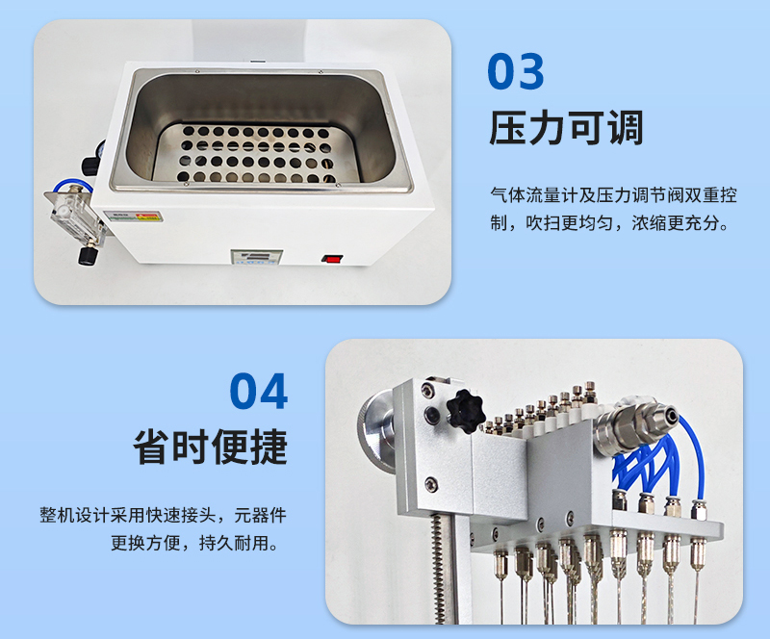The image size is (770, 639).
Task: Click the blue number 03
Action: pos(516,71)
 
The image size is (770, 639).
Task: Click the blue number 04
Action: pos(259,391)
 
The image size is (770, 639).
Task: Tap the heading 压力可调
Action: pos(566,128)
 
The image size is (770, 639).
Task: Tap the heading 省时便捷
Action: pos(210,447)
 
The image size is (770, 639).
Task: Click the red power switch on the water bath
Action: pos(332,258)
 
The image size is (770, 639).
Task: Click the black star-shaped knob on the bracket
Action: pos(465,411)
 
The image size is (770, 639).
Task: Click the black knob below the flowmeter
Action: pos(88,257)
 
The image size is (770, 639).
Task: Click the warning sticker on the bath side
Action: pos(134,217)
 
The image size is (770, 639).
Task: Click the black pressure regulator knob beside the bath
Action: pos(91,166)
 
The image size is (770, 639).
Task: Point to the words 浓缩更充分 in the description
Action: pos(676,223)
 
